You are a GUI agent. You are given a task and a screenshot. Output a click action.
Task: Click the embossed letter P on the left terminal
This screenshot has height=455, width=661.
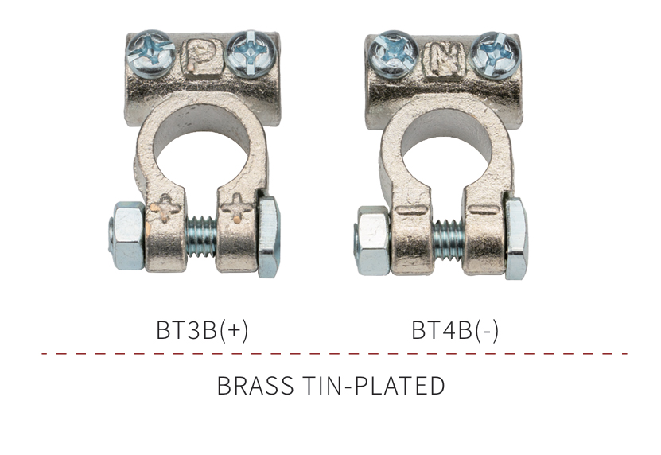tap(202, 58)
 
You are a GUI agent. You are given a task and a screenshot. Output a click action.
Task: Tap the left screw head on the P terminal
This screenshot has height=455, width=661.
tap(150, 53)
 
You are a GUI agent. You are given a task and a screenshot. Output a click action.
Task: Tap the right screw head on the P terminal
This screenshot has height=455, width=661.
tap(251, 54)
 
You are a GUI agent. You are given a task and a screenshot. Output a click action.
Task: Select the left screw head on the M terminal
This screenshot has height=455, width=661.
tap(393, 55)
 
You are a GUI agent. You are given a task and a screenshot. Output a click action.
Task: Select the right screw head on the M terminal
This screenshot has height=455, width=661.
tap(496, 56)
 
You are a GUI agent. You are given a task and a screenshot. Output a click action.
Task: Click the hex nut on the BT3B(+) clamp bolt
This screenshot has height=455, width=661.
tap(127, 235)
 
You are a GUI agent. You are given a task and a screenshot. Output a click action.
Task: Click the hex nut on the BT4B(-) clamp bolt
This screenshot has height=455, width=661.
tap(372, 241)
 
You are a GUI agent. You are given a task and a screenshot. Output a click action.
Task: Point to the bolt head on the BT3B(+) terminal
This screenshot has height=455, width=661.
tap(269, 236)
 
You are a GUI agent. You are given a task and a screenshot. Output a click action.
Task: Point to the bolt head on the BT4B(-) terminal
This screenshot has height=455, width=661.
tap(516, 239)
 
